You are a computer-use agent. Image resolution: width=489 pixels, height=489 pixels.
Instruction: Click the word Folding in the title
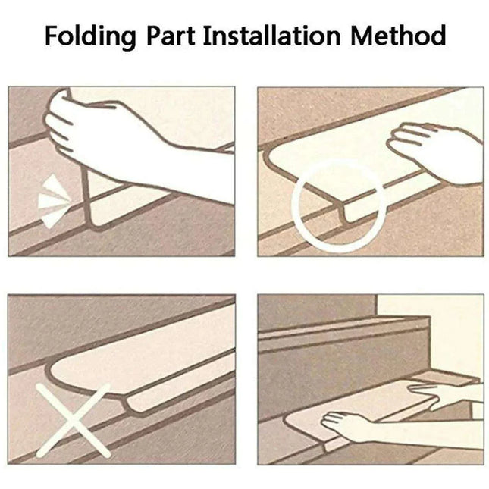point(90,37)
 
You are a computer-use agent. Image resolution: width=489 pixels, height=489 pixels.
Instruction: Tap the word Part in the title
point(171,36)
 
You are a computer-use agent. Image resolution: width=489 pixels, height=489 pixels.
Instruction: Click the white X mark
point(74,421)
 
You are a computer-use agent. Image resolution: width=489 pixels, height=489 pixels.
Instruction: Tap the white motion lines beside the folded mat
point(53,200)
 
